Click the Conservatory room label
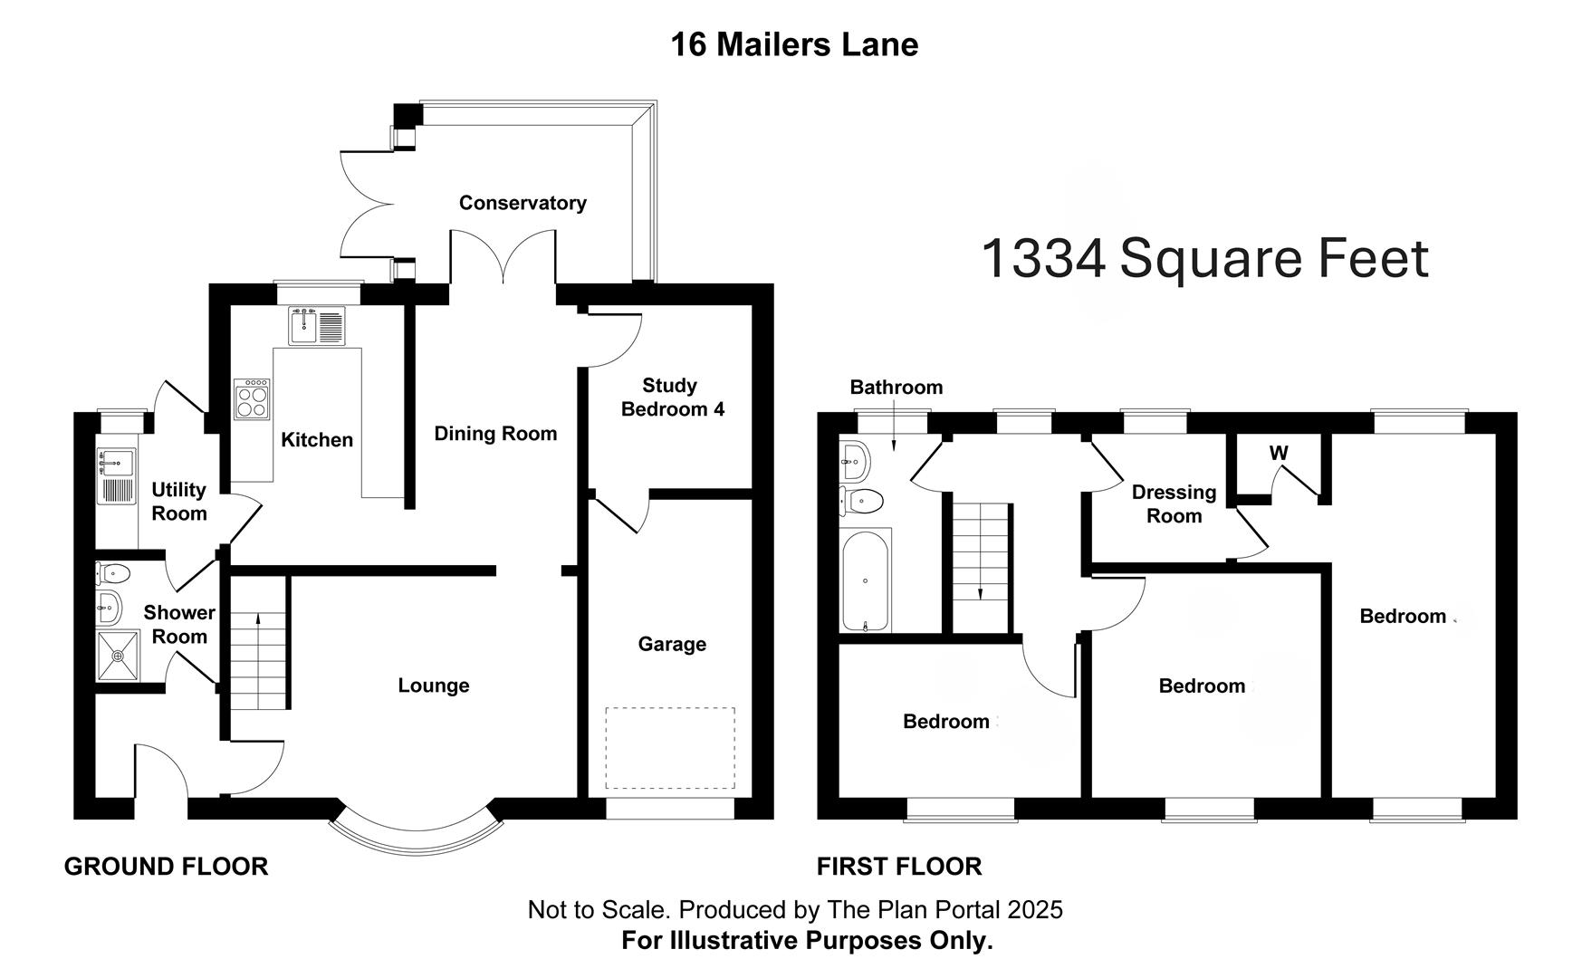pos(523,203)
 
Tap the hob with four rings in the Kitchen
pos(252,399)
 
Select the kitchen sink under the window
pos(316,326)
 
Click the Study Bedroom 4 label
pos(672,398)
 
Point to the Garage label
pos(672,644)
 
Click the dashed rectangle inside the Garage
pos(669,748)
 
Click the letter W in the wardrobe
pos(1279,453)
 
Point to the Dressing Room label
pos(1174,504)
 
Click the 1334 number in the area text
pos(1042,259)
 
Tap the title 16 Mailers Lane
pos(794,44)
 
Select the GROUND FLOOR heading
pos(166,867)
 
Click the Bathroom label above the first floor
pos(896,388)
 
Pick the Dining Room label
pos(495,434)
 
